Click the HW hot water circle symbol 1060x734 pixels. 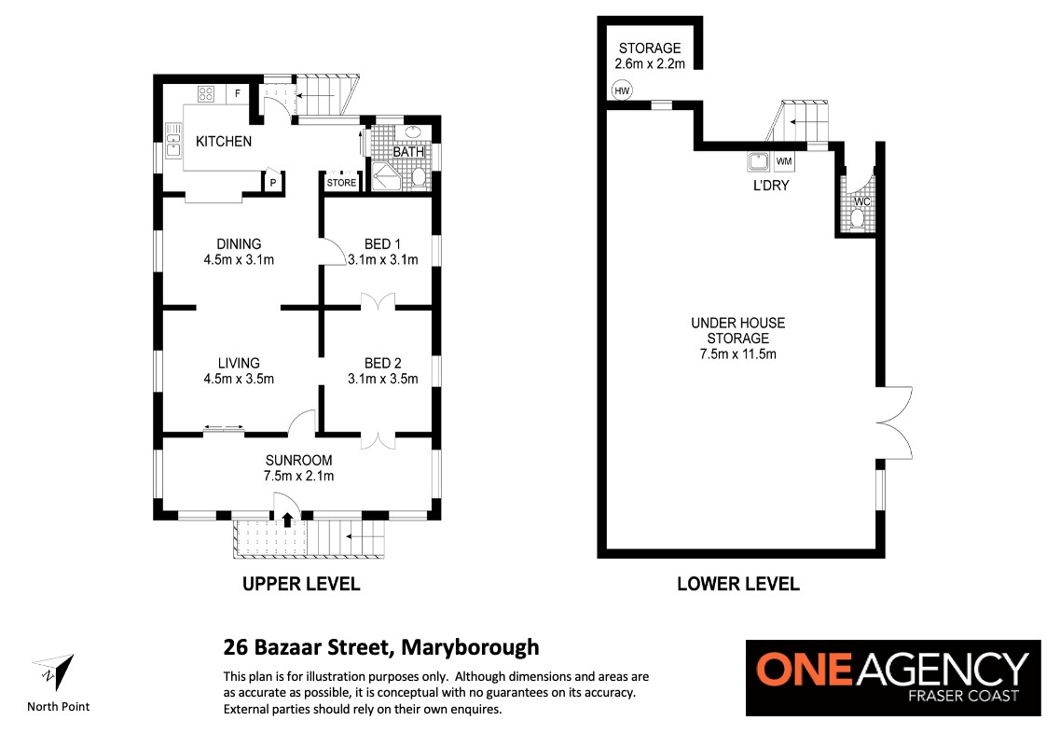pyautogui.click(x=622, y=90)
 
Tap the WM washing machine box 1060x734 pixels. pyautogui.click(x=784, y=161)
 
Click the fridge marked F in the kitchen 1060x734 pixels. pyautogui.click(x=238, y=93)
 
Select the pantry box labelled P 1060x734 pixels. pyautogui.click(x=273, y=182)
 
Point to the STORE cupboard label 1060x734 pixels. pyautogui.click(x=341, y=183)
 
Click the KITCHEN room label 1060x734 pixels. pyautogui.click(x=224, y=142)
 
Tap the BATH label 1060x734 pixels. pyautogui.click(x=408, y=151)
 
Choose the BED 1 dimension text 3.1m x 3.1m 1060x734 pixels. pyautogui.click(x=382, y=260)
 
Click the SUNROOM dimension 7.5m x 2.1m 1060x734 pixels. pyautogui.click(x=299, y=477)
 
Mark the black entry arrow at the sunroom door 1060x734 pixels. pyautogui.click(x=287, y=519)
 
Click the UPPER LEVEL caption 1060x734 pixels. pyautogui.click(x=301, y=584)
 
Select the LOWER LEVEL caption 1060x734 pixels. pyautogui.click(x=738, y=584)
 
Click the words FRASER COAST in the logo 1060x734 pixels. pyautogui.click(x=963, y=696)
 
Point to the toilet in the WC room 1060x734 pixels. pyautogui.click(x=858, y=218)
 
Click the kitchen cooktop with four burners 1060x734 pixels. pyautogui.click(x=205, y=93)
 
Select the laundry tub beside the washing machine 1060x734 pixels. pyautogui.click(x=759, y=161)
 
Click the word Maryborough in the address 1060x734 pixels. pyautogui.click(x=470, y=647)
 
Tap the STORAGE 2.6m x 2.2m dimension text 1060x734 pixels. pyautogui.click(x=650, y=64)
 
